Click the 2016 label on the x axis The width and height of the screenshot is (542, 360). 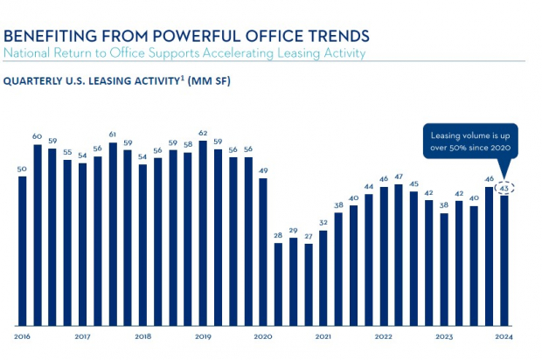22,336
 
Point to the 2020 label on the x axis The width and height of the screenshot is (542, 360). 262,336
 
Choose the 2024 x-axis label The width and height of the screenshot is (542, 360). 504,336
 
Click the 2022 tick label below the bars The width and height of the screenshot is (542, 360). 383,336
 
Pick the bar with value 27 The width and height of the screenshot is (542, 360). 308,283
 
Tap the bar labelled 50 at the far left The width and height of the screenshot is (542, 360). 22,250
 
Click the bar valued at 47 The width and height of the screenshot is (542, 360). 399,254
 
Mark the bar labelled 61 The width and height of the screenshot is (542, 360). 113,233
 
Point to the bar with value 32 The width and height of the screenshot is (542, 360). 323,276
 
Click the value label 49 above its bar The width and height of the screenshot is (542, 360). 262,170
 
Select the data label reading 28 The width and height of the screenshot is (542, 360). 278,236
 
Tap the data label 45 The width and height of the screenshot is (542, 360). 413,183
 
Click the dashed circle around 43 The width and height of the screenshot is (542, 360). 504,188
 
